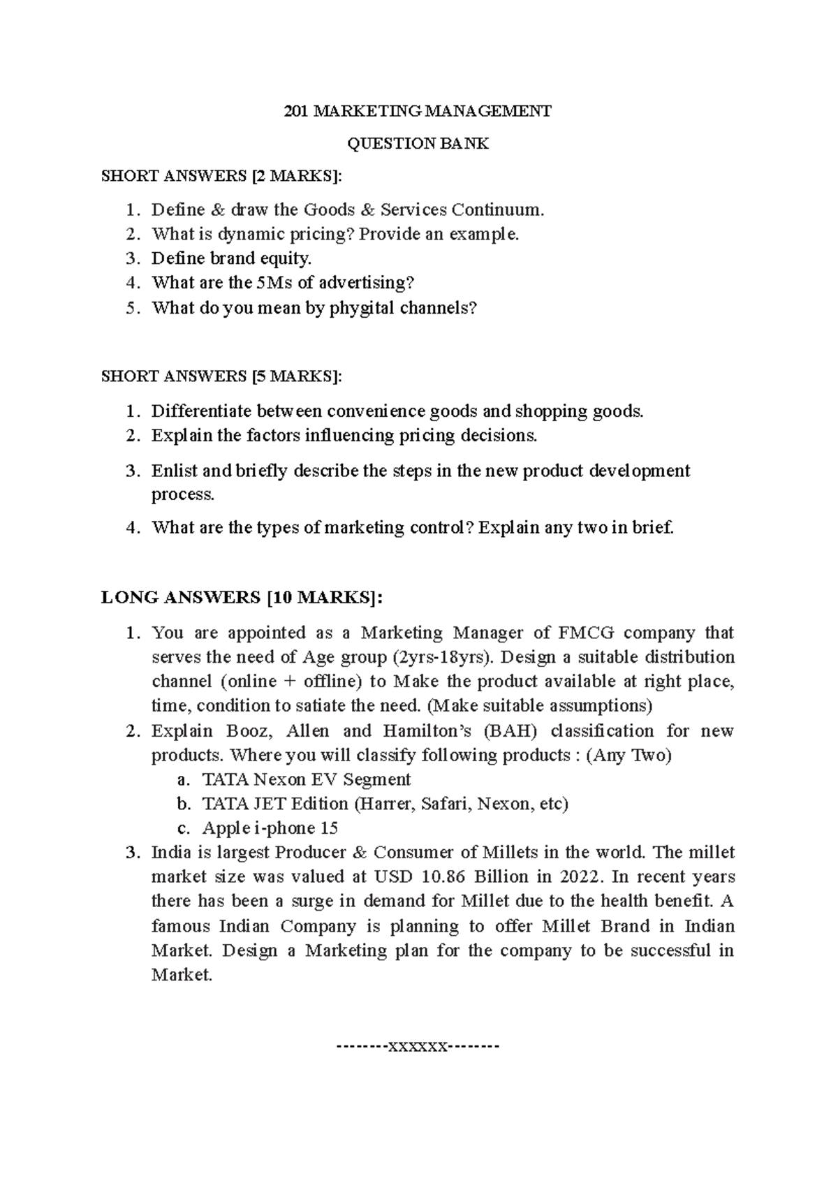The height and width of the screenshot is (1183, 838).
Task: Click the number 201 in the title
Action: pyautogui.click(x=296, y=111)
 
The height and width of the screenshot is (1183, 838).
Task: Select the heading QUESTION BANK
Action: pyautogui.click(x=418, y=144)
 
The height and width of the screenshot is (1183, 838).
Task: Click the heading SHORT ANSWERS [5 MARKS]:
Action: pyautogui.click(x=222, y=376)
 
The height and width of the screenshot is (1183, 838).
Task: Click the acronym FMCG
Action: pyautogui.click(x=587, y=633)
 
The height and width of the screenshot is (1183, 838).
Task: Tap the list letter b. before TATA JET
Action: pyautogui.click(x=183, y=804)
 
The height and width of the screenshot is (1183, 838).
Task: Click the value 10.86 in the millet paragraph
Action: pyautogui.click(x=444, y=877)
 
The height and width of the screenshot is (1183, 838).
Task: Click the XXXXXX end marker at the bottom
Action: pyautogui.click(x=418, y=1047)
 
